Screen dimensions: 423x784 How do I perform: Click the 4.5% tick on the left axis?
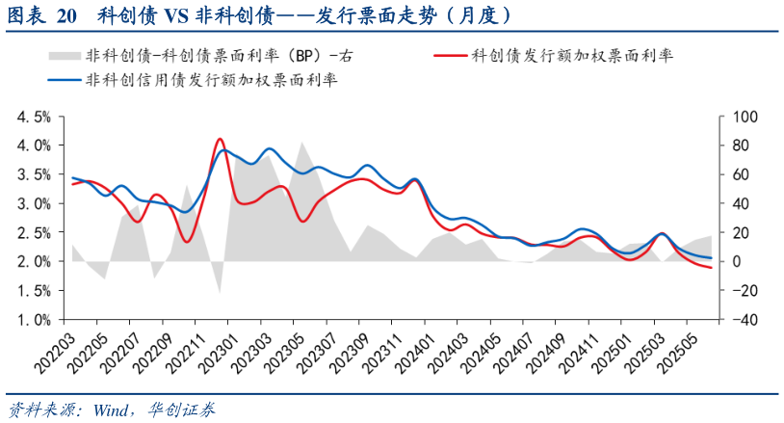[x=35, y=117]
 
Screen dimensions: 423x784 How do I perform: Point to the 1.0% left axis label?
[x=35, y=320]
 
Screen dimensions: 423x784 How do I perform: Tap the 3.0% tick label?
[x=35, y=203]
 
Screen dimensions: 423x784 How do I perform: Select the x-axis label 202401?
[x=409, y=353]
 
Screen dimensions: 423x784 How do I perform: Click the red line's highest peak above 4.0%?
[x=219, y=139]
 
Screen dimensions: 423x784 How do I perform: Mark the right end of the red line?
[x=712, y=268]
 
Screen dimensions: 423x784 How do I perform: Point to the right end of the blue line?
[x=712, y=258]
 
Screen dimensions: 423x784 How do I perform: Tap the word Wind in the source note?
[x=112, y=408]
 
